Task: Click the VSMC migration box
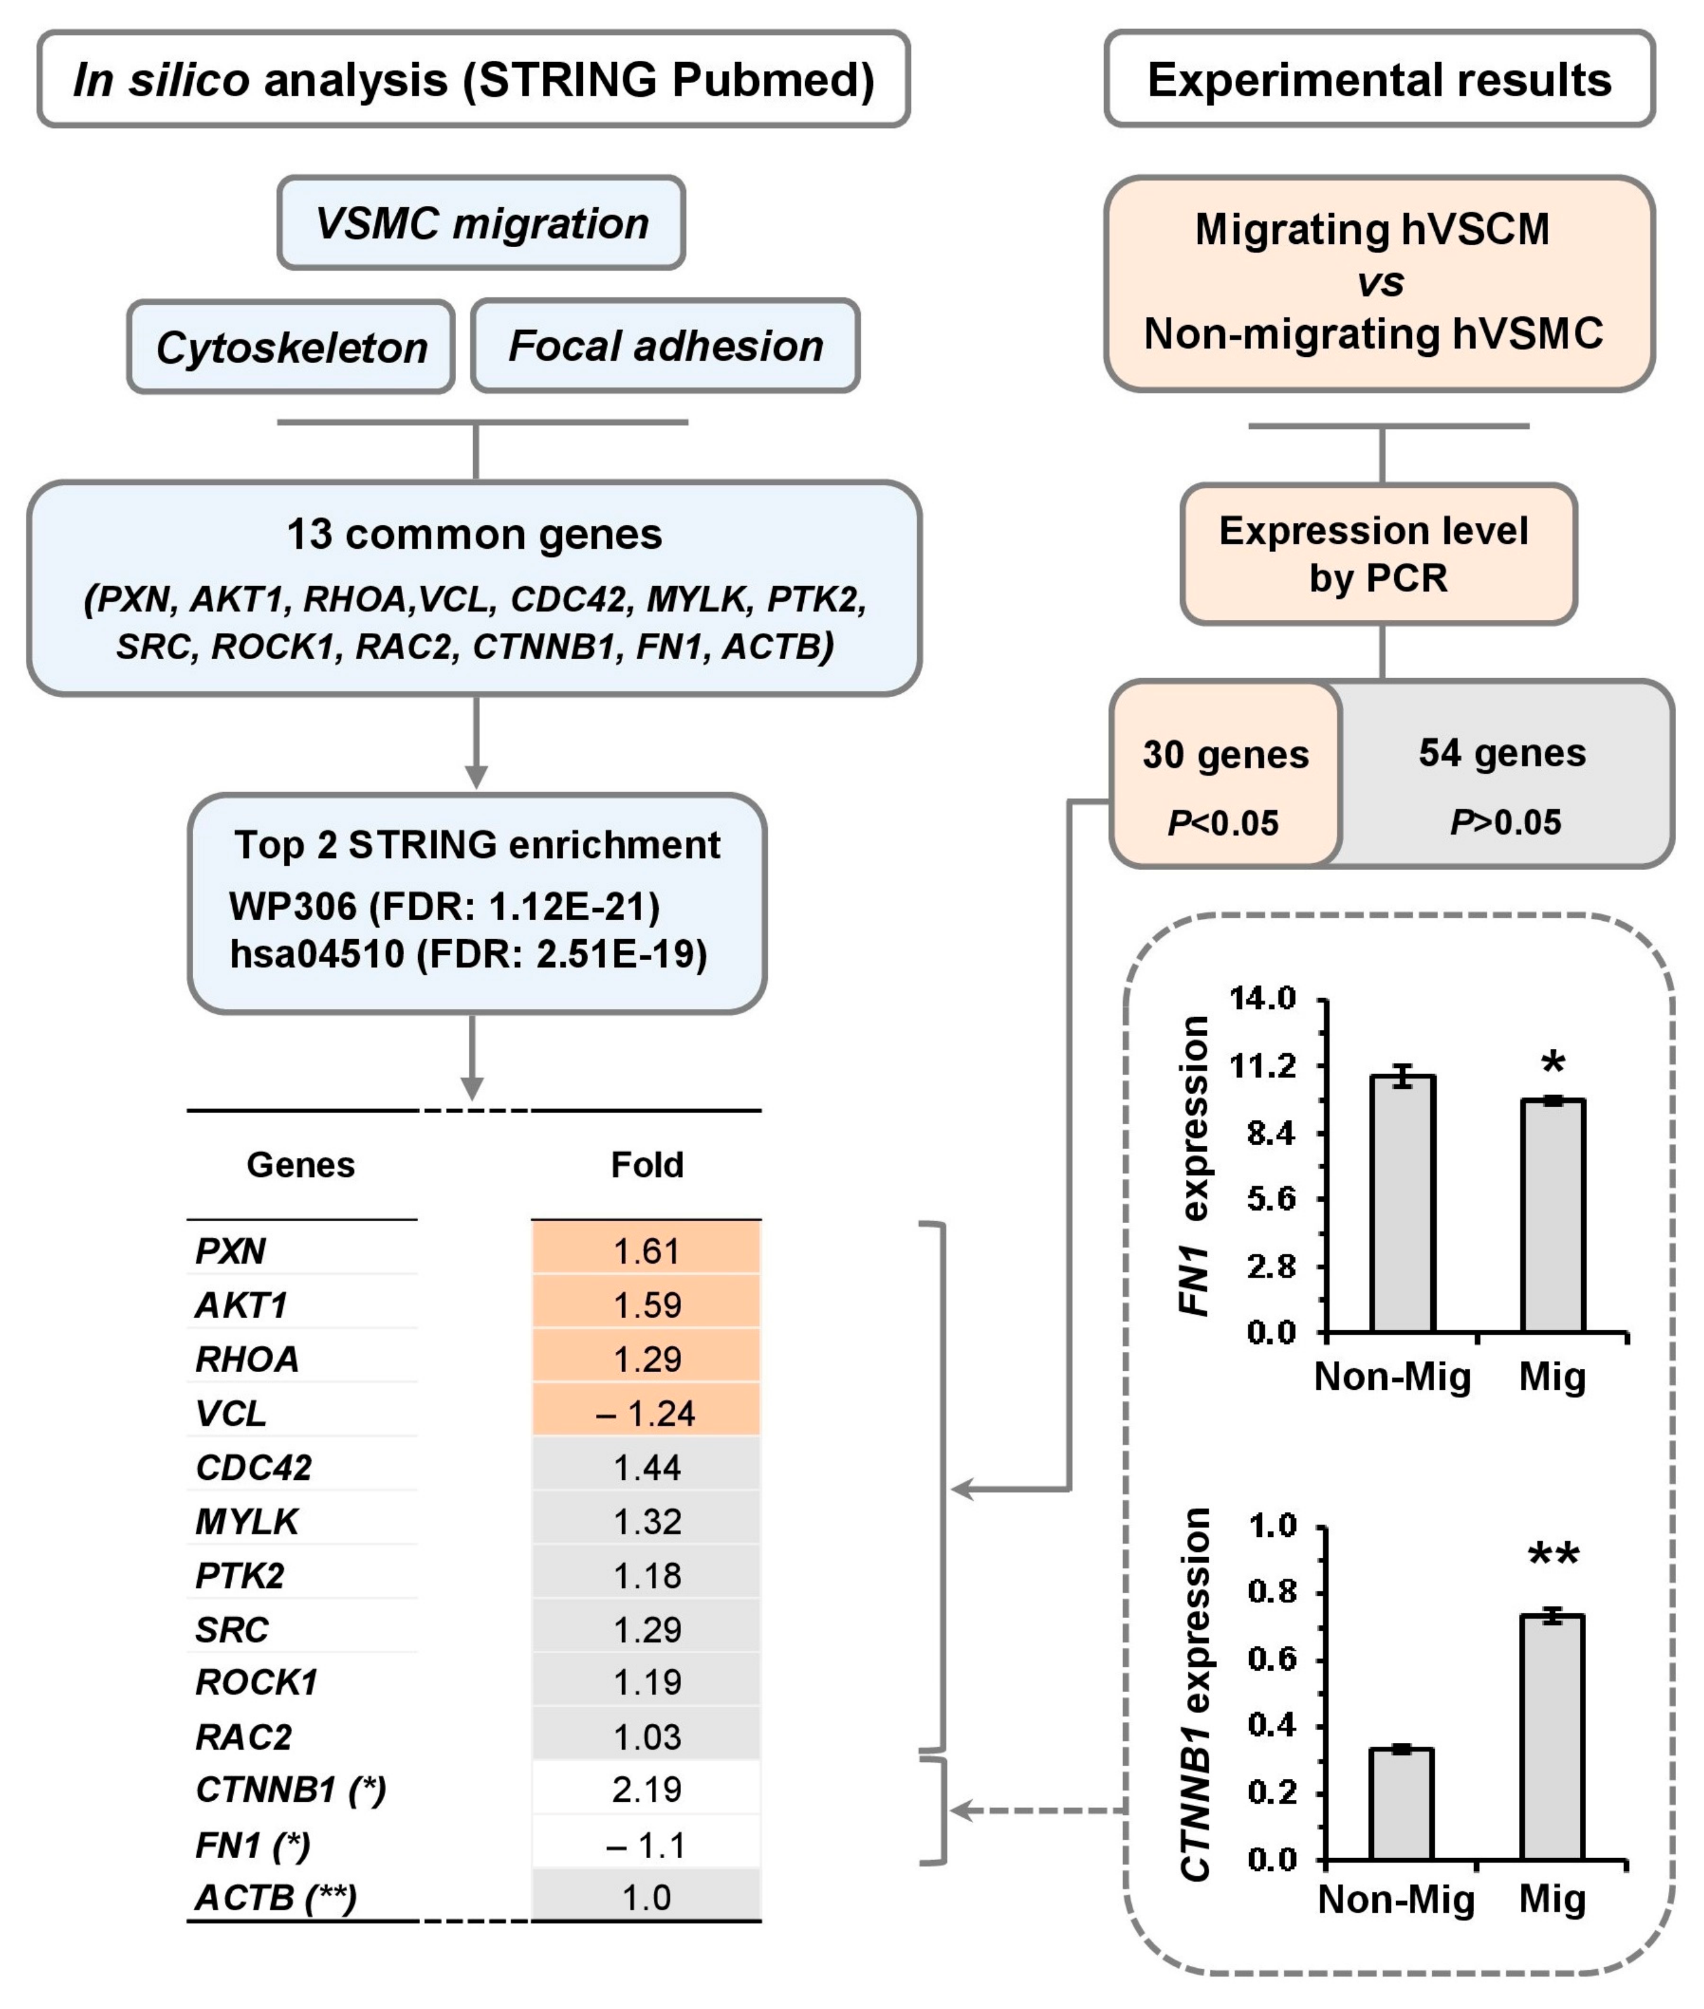pyautogui.click(x=481, y=223)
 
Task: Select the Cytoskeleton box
pyautogui.click(x=291, y=347)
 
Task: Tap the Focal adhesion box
pyautogui.click(x=666, y=346)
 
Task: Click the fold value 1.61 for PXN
pyautogui.click(x=646, y=1252)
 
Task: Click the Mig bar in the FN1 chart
pyautogui.click(x=1553, y=1217)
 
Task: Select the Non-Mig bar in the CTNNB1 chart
pyautogui.click(x=1401, y=1804)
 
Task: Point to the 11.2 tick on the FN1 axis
pyautogui.click(x=1269, y=1066)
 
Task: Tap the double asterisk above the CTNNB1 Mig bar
pyautogui.click(x=1553, y=1556)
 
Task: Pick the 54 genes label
pyautogui.click(x=1502, y=753)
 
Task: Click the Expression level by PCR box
pyautogui.click(x=1378, y=554)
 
